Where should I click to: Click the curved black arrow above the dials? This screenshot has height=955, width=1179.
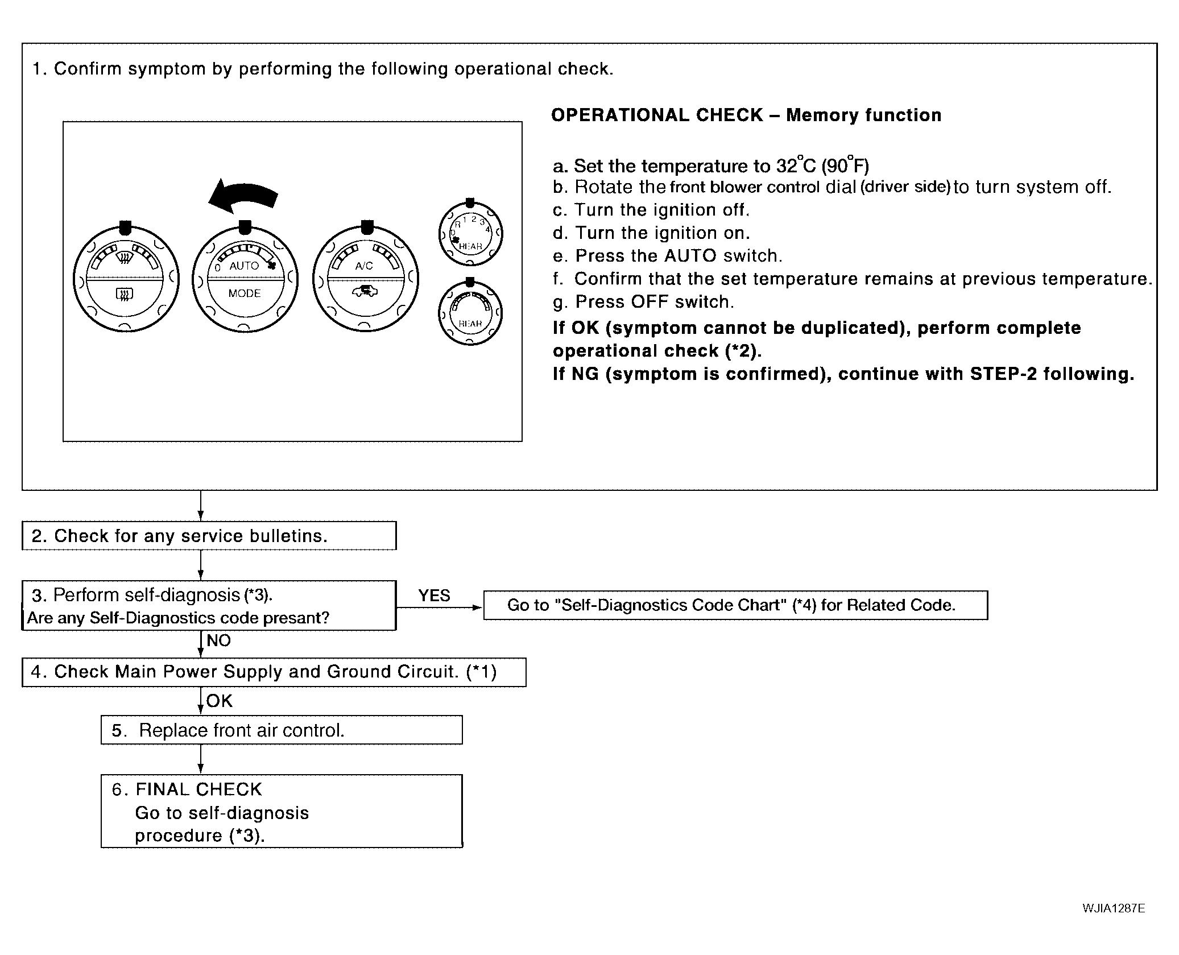point(243,197)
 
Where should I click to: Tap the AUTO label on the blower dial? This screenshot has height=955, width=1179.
point(243,266)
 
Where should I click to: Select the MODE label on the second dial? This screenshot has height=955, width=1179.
point(245,293)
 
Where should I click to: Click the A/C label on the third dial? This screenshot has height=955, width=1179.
point(364,266)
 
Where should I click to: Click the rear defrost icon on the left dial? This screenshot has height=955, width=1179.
point(125,294)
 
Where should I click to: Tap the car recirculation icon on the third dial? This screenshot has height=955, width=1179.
point(365,292)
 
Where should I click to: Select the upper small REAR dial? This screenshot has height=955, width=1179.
point(470,233)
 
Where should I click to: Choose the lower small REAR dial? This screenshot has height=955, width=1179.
point(470,313)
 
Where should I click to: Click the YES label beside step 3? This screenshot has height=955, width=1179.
point(434,596)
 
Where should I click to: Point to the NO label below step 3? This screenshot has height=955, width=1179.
point(218,641)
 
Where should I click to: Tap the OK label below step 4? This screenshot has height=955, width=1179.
point(220,701)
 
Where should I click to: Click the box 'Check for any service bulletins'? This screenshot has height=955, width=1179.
point(209,536)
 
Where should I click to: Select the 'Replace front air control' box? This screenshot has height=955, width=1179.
point(282,730)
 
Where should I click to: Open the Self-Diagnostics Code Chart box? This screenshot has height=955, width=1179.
point(735,605)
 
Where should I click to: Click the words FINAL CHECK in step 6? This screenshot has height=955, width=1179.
point(198,789)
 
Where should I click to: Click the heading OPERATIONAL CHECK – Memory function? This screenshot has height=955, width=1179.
point(746,115)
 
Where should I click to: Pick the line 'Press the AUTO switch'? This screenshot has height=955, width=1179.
point(679,256)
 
